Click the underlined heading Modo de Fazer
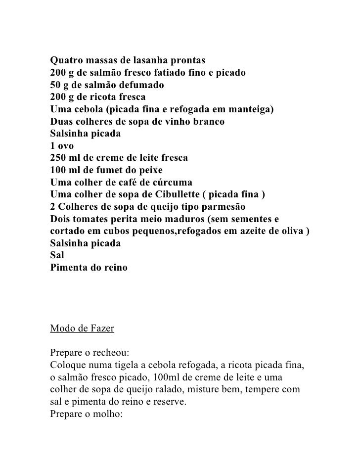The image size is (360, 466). point(83,328)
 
